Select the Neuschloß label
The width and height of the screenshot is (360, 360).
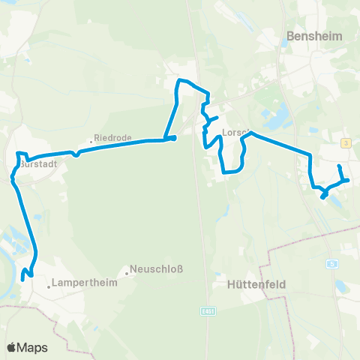[x=157, y=269]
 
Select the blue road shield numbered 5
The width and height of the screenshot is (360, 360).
[x=331, y=264]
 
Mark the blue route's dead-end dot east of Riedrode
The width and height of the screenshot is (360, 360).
[x=173, y=137]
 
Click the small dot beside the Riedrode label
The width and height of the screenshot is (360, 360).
[x=90, y=140]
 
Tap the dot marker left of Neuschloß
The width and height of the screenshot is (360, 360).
[x=127, y=274]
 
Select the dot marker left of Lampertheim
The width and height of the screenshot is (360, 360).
[x=49, y=286]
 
